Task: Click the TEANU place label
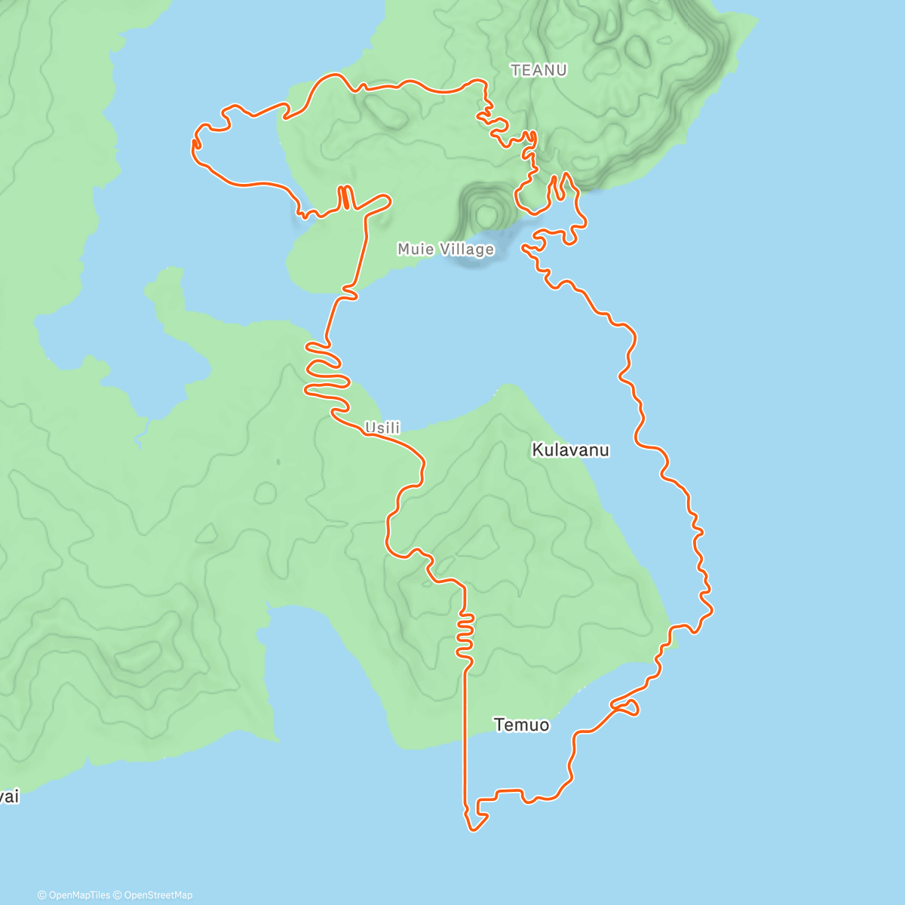tap(538, 70)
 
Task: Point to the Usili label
tap(382, 428)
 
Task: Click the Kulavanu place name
tap(570, 450)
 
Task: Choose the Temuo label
tap(521, 725)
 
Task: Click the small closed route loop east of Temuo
tap(627, 707)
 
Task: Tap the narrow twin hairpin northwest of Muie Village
tap(345, 198)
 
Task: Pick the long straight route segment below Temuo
tap(465, 739)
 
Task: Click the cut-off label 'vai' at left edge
tap(8, 797)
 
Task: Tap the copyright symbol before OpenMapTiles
tap(41, 895)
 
